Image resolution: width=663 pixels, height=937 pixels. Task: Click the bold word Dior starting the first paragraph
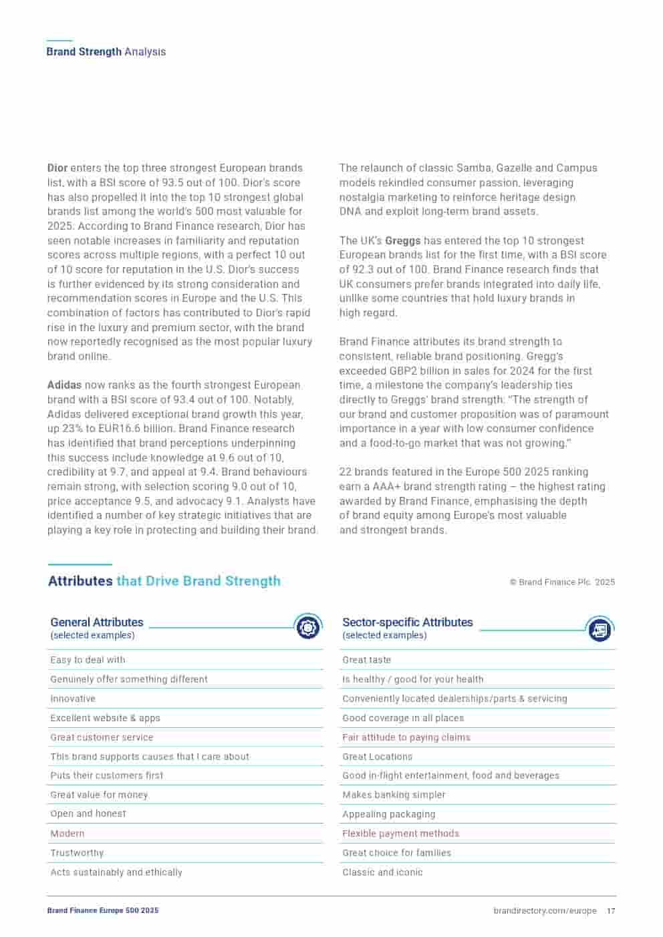click(57, 168)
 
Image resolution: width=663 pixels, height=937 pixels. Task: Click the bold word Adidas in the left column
click(64, 385)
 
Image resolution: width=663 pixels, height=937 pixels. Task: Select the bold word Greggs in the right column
click(402, 241)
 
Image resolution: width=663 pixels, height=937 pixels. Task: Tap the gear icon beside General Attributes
click(307, 627)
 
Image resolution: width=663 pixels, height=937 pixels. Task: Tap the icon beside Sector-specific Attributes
click(600, 628)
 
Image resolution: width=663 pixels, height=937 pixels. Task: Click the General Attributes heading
click(97, 622)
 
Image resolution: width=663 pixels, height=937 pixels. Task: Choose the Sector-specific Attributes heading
click(407, 622)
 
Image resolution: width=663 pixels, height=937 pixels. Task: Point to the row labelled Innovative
click(73, 699)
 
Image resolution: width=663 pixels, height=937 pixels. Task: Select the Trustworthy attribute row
click(77, 853)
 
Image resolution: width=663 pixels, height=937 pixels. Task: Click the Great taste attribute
click(366, 660)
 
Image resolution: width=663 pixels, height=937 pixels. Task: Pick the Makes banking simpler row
click(394, 795)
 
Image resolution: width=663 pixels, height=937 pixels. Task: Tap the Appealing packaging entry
click(388, 814)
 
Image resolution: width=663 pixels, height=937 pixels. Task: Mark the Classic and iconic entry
click(382, 872)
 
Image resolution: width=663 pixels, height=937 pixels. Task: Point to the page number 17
click(611, 911)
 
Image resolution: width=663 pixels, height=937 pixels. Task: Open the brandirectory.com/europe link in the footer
click(545, 911)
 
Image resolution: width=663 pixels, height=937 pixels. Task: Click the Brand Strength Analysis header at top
click(106, 52)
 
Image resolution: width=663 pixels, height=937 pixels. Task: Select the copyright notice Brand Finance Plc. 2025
click(562, 582)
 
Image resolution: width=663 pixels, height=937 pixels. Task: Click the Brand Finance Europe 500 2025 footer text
click(103, 911)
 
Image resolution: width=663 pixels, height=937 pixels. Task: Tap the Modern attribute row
click(68, 833)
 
